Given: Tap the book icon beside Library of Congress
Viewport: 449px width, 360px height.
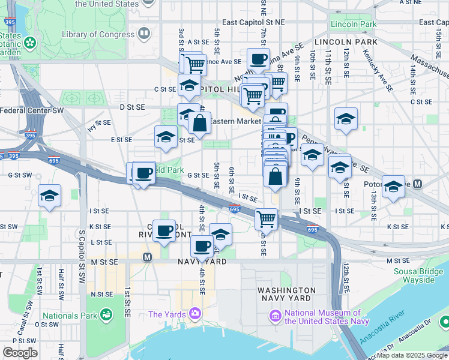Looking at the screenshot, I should [x=143, y=34].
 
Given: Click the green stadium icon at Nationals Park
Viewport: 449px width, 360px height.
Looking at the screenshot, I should [x=106, y=314].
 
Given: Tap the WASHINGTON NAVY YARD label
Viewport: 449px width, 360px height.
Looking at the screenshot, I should [x=284, y=293].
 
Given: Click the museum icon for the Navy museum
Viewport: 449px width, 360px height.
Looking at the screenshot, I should [x=276, y=315].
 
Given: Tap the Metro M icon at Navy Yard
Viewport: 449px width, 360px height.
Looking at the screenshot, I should [x=146, y=257].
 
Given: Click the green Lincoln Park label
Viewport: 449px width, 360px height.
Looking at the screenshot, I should [x=353, y=25].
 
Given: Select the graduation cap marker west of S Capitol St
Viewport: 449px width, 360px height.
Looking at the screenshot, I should [x=50, y=195].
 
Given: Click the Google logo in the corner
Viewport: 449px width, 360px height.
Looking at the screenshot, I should [x=20, y=353].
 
